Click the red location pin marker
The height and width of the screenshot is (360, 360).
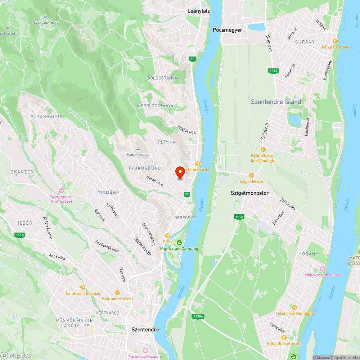pos(180,172)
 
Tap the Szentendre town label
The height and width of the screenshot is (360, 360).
pos(145,329)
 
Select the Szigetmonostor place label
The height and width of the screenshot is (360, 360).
pos(250,193)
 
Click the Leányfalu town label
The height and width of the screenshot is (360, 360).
pos(199,11)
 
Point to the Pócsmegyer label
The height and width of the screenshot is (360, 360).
pos(227,30)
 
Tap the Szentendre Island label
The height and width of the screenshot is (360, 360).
pos(276,102)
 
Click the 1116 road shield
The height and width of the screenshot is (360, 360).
pos(20,235)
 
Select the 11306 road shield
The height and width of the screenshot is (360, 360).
pos(198,316)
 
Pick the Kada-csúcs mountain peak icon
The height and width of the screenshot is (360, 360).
pos(138,148)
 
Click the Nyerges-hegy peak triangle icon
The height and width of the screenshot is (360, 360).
pos(45,16)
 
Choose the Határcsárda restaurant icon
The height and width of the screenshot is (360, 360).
pos(197,164)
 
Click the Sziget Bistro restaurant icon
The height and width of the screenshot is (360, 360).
pos(252,175)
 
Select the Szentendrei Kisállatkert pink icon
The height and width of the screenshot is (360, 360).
pos(61,190)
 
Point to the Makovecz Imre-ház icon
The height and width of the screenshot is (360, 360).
pos(322,269)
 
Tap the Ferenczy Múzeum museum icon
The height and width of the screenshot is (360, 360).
pos(145,350)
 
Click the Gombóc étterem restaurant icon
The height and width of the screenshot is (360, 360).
pos(117,293)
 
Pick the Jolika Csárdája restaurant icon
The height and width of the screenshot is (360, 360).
pos(335,41)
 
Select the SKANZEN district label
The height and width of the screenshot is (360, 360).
pos(22,172)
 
